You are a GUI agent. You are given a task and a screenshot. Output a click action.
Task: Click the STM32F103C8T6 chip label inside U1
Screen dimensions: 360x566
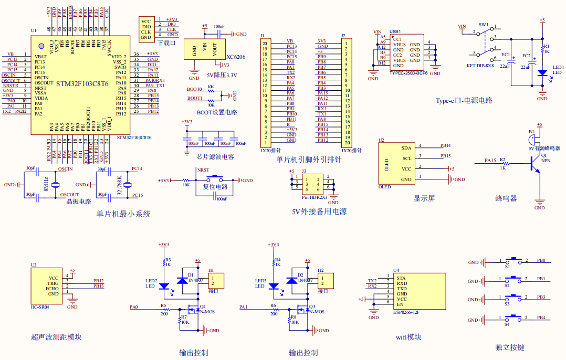pyautogui.click(x=82, y=83)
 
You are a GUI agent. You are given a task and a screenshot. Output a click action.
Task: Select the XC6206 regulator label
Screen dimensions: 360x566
pyautogui.click(x=236, y=57)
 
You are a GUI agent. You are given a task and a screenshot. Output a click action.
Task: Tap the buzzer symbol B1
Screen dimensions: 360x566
pyautogui.click(x=531, y=140)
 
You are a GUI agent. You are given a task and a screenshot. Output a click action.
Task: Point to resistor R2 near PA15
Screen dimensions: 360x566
pyautogui.click(x=503, y=164)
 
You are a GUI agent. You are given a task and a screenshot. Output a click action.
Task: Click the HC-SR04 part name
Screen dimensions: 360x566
pyautogui.click(x=40, y=308)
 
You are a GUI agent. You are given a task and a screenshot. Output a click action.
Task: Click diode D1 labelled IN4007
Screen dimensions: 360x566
pyautogui.click(x=183, y=281)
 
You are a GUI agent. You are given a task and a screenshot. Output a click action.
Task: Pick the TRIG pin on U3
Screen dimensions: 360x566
pyautogui.click(x=53, y=283)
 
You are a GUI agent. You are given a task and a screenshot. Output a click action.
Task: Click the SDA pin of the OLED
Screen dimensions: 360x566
pyautogui.click(x=406, y=148)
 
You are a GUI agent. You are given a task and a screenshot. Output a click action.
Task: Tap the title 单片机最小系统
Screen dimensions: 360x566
pyautogui.click(x=123, y=214)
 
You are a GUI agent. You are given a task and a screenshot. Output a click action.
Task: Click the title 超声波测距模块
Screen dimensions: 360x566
pyautogui.click(x=57, y=337)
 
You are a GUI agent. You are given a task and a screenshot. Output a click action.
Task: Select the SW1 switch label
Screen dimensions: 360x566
pyautogui.click(x=484, y=25)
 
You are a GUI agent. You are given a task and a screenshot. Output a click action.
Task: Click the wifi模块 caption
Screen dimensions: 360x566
pyautogui.click(x=408, y=337)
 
